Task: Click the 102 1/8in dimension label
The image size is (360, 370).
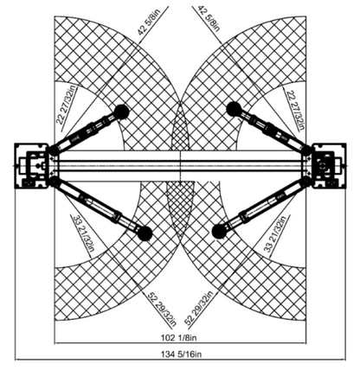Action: click(x=178, y=337)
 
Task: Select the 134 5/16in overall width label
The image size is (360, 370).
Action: click(x=181, y=354)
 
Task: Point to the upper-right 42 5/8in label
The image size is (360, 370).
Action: click(x=209, y=18)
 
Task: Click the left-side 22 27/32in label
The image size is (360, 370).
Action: click(x=67, y=105)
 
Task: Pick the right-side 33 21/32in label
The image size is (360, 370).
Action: click(x=275, y=234)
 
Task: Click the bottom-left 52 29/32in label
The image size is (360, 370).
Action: click(x=162, y=309)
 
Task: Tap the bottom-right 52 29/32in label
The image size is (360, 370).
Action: click(x=199, y=309)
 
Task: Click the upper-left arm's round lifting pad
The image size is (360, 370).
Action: click(x=122, y=112)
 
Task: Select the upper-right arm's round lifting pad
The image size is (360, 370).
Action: click(x=234, y=109)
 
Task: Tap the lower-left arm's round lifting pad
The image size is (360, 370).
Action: click(x=145, y=233)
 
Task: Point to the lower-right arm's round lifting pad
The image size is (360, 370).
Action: click(x=219, y=232)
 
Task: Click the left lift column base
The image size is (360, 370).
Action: click(x=32, y=166)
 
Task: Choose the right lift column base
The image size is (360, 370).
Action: click(x=329, y=166)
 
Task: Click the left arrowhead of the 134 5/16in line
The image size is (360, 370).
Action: click(x=17, y=360)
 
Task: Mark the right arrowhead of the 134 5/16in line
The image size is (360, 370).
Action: click(x=344, y=360)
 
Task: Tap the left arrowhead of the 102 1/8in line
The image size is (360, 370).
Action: click(x=57, y=343)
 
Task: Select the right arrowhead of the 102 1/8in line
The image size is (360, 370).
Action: click(x=304, y=343)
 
